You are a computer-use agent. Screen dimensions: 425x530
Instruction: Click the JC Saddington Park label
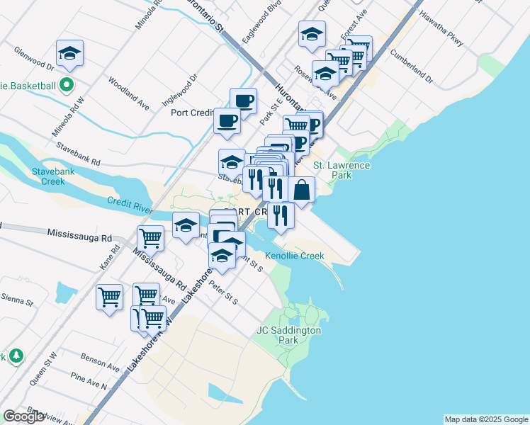click(288, 335)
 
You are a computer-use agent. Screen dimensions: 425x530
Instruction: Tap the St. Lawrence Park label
click(342, 170)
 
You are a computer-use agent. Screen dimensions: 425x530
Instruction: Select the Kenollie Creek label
click(294, 256)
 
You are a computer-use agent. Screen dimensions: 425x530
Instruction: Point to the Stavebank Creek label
click(48, 176)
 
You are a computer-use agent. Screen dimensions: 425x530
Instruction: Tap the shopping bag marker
click(302, 190)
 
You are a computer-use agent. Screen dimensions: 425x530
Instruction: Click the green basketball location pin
click(67, 86)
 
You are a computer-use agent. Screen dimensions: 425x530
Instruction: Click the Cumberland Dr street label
click(411, 65)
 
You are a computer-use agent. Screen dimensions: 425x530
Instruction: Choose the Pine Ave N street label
click(89, 382)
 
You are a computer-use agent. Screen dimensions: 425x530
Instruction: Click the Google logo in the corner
click(24, 416)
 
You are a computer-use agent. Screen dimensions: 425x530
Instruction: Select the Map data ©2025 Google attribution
click(486, 419)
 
